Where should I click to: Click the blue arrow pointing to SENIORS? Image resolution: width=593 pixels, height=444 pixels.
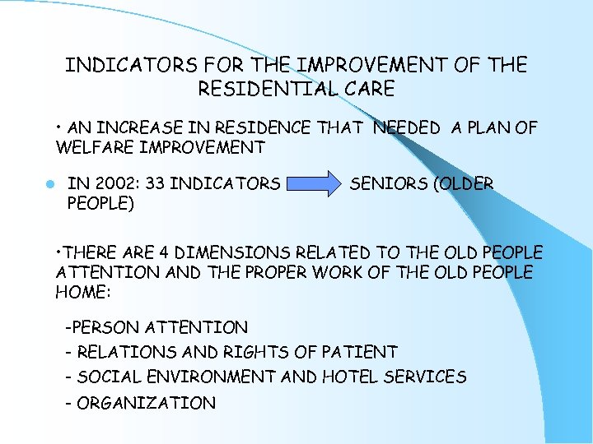click(314, 184)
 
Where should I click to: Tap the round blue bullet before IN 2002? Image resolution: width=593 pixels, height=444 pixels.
click(50, 184)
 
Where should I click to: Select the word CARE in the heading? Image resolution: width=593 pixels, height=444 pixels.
click(367, 88)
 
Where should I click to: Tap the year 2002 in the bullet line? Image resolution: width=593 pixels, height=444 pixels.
click(114, 184)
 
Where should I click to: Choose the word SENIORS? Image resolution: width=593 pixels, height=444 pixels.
click(387, 184)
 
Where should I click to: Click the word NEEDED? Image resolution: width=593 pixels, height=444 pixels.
click(407, 127)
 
